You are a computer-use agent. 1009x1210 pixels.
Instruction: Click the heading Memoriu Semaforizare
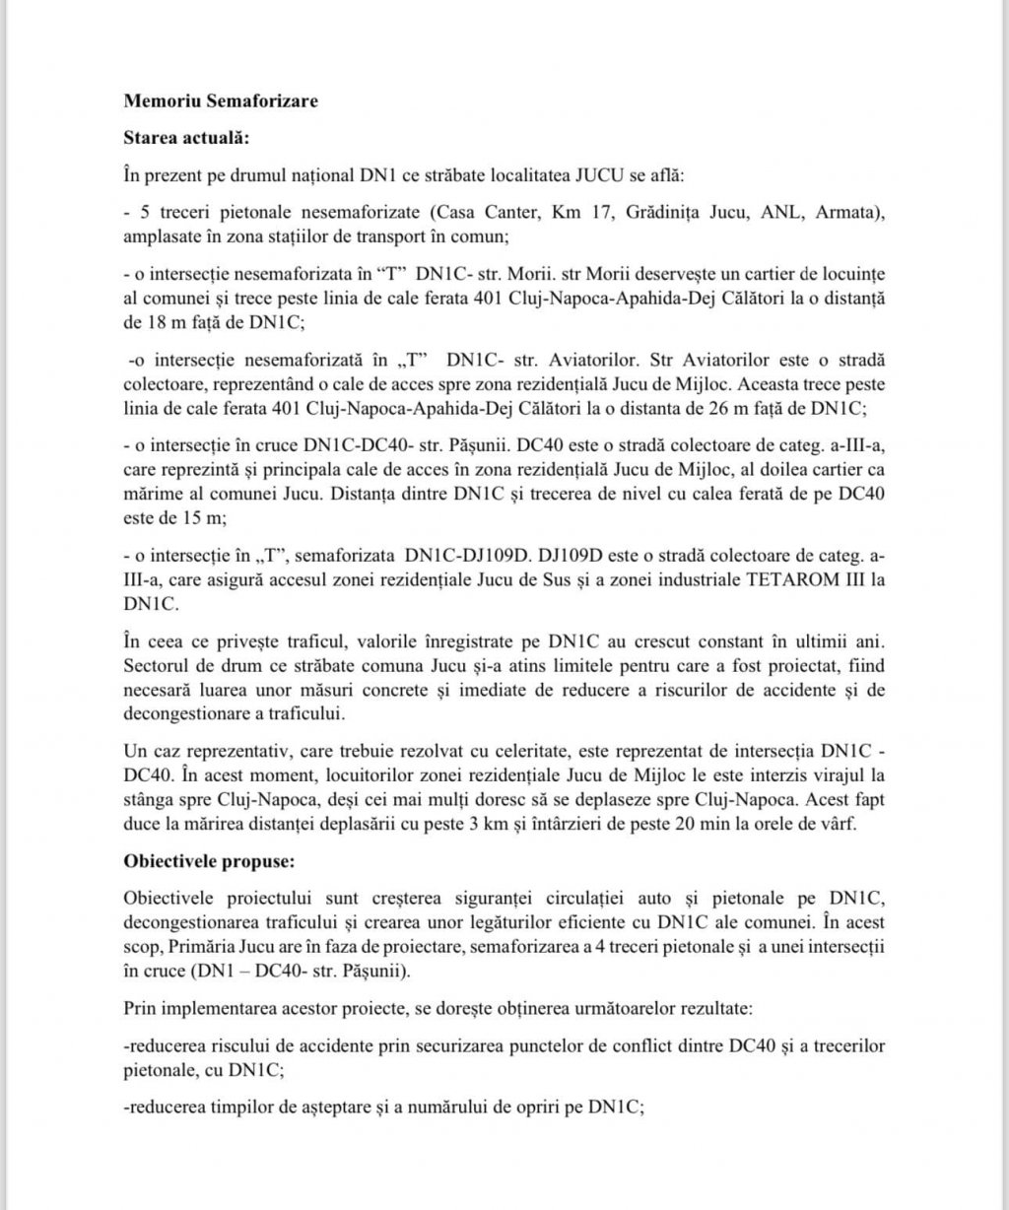[x=221, y=101]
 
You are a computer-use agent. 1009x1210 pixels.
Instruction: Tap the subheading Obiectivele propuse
[x=207, y=860]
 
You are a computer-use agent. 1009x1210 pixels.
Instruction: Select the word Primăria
[x=226, y=946]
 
